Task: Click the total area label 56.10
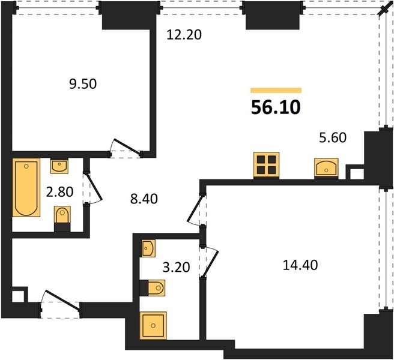(276, 107)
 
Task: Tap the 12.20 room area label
(184, 35)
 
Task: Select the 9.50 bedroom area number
(83, 84)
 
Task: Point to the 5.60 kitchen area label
(333, 137)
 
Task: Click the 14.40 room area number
(300, 265)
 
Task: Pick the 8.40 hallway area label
(144, 199)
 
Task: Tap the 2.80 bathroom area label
(60, 192)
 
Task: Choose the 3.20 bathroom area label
(176, 267)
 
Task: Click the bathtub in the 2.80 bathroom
(26, 187)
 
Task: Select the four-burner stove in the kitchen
(266, 165)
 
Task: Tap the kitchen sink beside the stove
(326, 168)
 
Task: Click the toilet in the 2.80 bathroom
(62, 218)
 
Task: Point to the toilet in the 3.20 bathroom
(153, 287)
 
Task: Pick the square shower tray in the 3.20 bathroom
(153, 325)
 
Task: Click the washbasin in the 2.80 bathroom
(59, 166)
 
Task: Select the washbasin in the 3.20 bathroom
(148, 248)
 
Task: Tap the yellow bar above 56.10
(276, 91)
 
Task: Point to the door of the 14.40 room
(195, 209)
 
